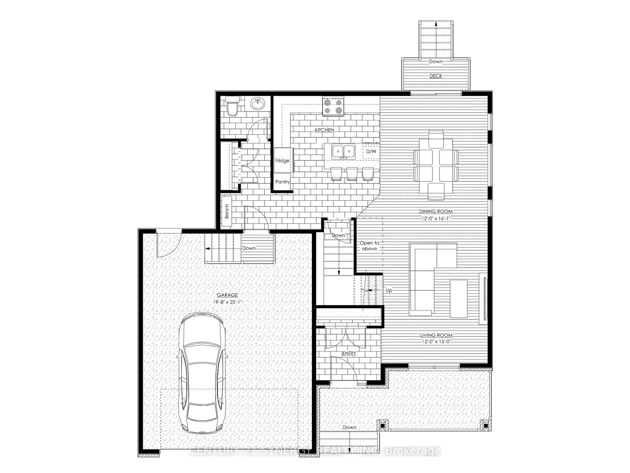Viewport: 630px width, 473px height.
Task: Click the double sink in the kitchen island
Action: pos(344,151)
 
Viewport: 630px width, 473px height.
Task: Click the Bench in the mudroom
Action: pos(227,211)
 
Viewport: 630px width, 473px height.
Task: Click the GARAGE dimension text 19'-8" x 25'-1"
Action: pos(227,302)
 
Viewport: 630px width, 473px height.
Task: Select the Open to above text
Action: pos(369,246)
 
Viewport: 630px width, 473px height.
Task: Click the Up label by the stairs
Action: pos(389,291)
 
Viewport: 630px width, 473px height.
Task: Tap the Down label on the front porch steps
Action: pos(349,427)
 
